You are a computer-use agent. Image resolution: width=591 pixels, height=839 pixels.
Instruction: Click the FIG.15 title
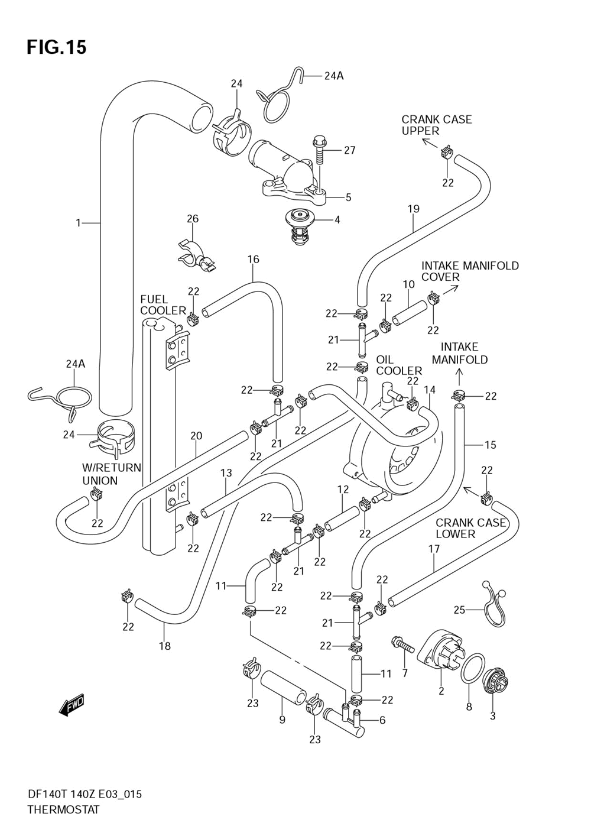(57, 47)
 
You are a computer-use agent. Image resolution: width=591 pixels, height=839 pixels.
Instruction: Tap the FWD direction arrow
(72, 705)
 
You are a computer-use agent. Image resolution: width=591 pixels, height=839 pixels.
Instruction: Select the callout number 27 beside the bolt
(350, 151)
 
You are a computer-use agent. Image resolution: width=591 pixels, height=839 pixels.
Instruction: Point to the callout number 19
(414, 209)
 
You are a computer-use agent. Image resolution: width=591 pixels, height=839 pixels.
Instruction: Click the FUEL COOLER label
(163, 305)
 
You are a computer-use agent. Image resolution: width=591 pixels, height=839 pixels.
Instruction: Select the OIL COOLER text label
(399, 365)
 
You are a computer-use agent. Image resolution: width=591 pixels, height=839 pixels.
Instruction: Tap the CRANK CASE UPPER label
(437, 125)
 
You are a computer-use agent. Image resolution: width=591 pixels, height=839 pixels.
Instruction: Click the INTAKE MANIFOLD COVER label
(470, 271)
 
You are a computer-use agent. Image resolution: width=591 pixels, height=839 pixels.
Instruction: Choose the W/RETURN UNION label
(112, 474)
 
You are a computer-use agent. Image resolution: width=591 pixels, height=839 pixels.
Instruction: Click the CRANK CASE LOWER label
(470, 528)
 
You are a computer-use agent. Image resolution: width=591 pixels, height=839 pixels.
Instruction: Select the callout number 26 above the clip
(193, 219)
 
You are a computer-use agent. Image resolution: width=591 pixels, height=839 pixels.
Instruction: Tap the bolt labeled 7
(402, 643)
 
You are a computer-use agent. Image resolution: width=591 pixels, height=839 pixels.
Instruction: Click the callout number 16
(254, 259)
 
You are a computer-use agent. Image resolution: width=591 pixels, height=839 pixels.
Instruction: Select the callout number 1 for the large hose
(78, 223)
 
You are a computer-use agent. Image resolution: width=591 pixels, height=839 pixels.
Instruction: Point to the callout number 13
(226, 473)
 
